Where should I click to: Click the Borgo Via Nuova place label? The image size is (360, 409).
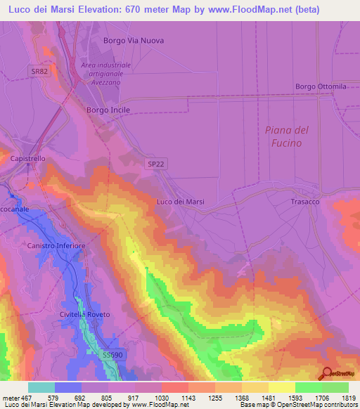134,41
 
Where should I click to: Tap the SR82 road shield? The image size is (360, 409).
39,72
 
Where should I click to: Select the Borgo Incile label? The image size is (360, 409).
108,110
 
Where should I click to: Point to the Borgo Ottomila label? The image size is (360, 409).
321,86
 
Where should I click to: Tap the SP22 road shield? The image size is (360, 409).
157,163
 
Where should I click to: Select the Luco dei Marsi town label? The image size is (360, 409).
180,202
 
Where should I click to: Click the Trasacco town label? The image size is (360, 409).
306,202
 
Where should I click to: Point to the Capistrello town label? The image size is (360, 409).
28,159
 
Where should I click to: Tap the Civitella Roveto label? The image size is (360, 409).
86,314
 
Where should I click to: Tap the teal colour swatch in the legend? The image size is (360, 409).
41,387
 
